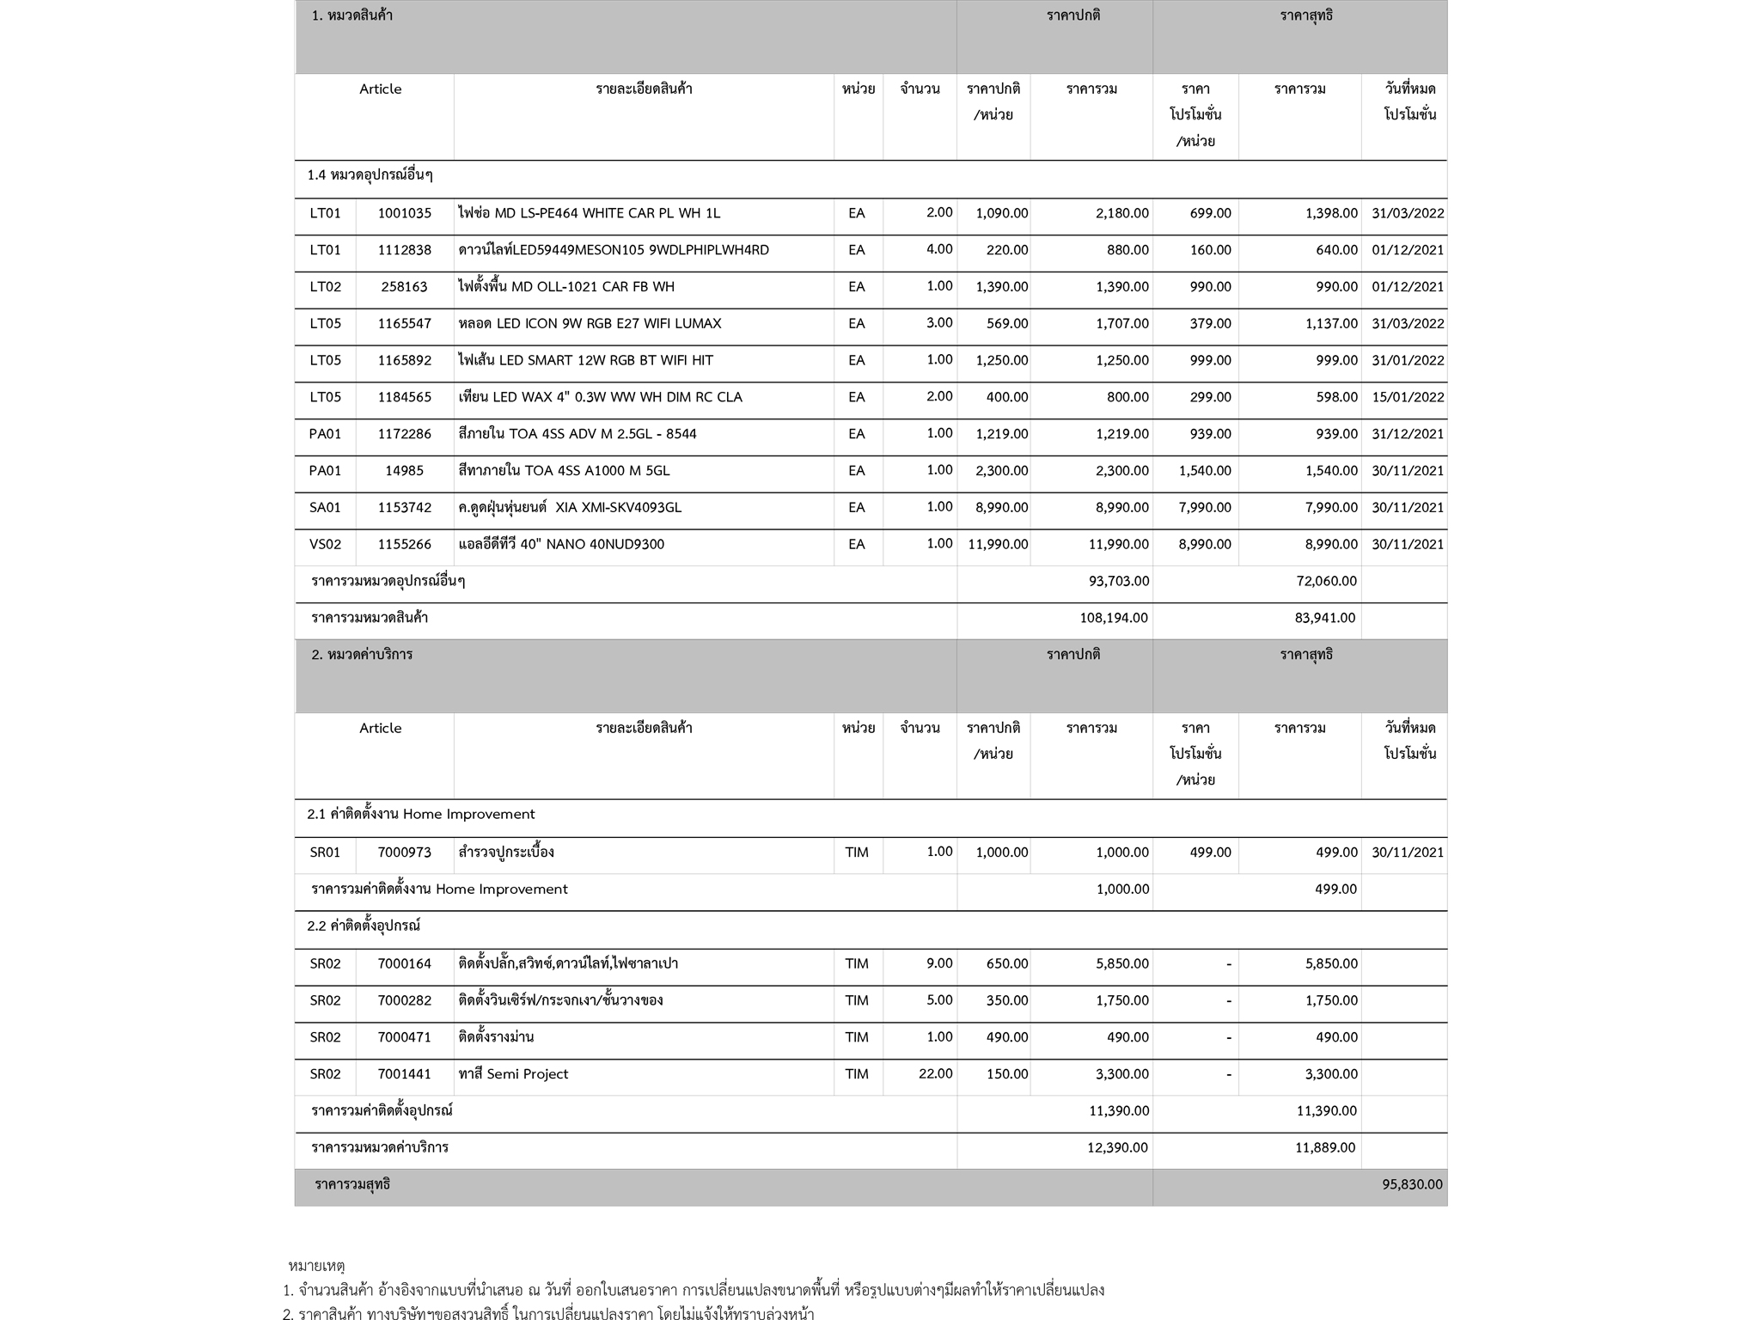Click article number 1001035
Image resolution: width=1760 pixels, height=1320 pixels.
404,213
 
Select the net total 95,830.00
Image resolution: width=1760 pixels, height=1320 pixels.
1412,1184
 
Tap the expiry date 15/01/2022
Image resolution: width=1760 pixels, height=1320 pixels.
1408,397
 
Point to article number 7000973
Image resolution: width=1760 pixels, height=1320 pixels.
404,852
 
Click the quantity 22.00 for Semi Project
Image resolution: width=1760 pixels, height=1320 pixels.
935,1073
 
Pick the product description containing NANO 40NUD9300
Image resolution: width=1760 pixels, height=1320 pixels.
561,544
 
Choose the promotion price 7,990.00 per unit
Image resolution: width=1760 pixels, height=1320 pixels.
1205,507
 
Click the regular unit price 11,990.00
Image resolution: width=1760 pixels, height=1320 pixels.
997,544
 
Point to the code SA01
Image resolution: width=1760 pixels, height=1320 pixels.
325,507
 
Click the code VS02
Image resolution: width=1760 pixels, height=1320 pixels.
325,544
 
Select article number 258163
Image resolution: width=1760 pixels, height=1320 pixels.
404,287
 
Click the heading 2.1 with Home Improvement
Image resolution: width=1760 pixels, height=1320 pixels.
420,814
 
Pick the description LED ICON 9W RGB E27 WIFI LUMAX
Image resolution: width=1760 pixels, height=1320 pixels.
590,324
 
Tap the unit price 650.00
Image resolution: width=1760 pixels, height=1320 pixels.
1006,963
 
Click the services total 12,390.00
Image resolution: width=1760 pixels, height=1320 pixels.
1117,1147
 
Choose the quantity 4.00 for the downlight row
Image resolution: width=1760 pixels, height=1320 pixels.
939,249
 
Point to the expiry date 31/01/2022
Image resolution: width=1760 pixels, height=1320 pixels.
1408,360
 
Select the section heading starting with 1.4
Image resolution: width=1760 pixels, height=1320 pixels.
370,175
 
